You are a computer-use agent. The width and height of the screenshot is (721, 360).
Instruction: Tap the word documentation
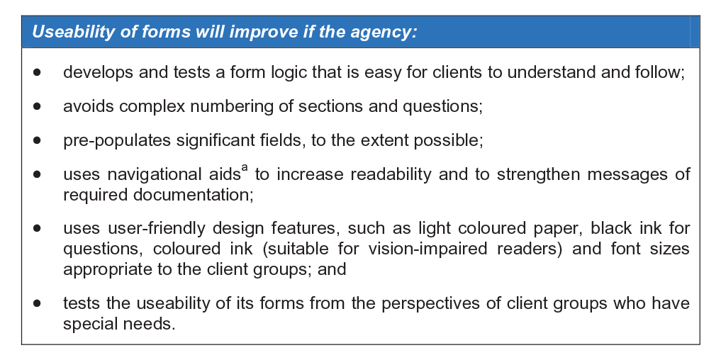tap(193, 195)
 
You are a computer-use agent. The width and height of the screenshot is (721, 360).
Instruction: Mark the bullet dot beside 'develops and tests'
tap(38, 72)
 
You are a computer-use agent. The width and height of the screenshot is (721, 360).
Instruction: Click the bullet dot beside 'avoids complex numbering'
tap(38, 106)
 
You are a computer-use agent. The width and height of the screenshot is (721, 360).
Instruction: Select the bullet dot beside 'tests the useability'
tap(38, 303)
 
